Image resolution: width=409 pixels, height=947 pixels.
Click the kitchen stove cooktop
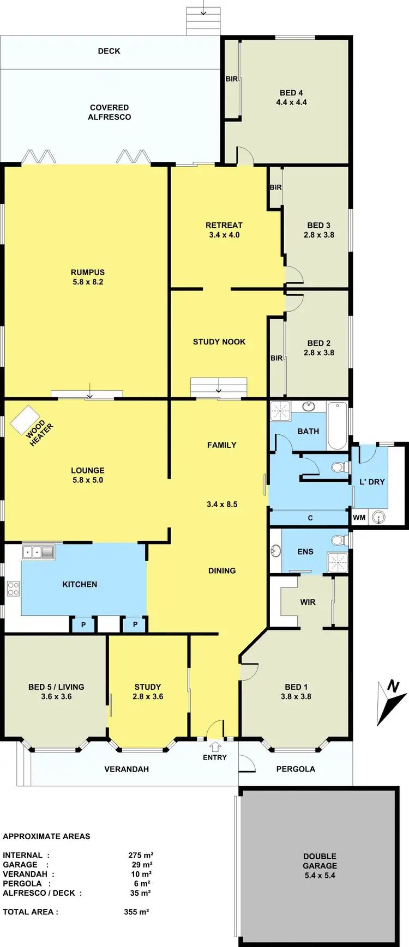13,588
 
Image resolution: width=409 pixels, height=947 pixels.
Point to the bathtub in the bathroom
337,425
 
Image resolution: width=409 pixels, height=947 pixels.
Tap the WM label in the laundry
359,517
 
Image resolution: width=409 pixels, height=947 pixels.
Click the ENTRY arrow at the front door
215,746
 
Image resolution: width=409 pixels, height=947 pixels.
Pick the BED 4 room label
291,93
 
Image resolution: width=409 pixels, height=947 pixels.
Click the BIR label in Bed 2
276,358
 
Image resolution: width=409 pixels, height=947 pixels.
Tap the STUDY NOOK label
219,342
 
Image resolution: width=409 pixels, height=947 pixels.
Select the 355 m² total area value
136,912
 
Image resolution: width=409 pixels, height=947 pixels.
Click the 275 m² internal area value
141,855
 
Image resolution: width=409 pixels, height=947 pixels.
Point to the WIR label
308,602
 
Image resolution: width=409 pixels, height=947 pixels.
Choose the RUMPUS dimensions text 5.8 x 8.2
88,282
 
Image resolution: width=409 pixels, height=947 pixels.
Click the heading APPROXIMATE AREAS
46,836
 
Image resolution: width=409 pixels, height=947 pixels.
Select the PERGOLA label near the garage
296,769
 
